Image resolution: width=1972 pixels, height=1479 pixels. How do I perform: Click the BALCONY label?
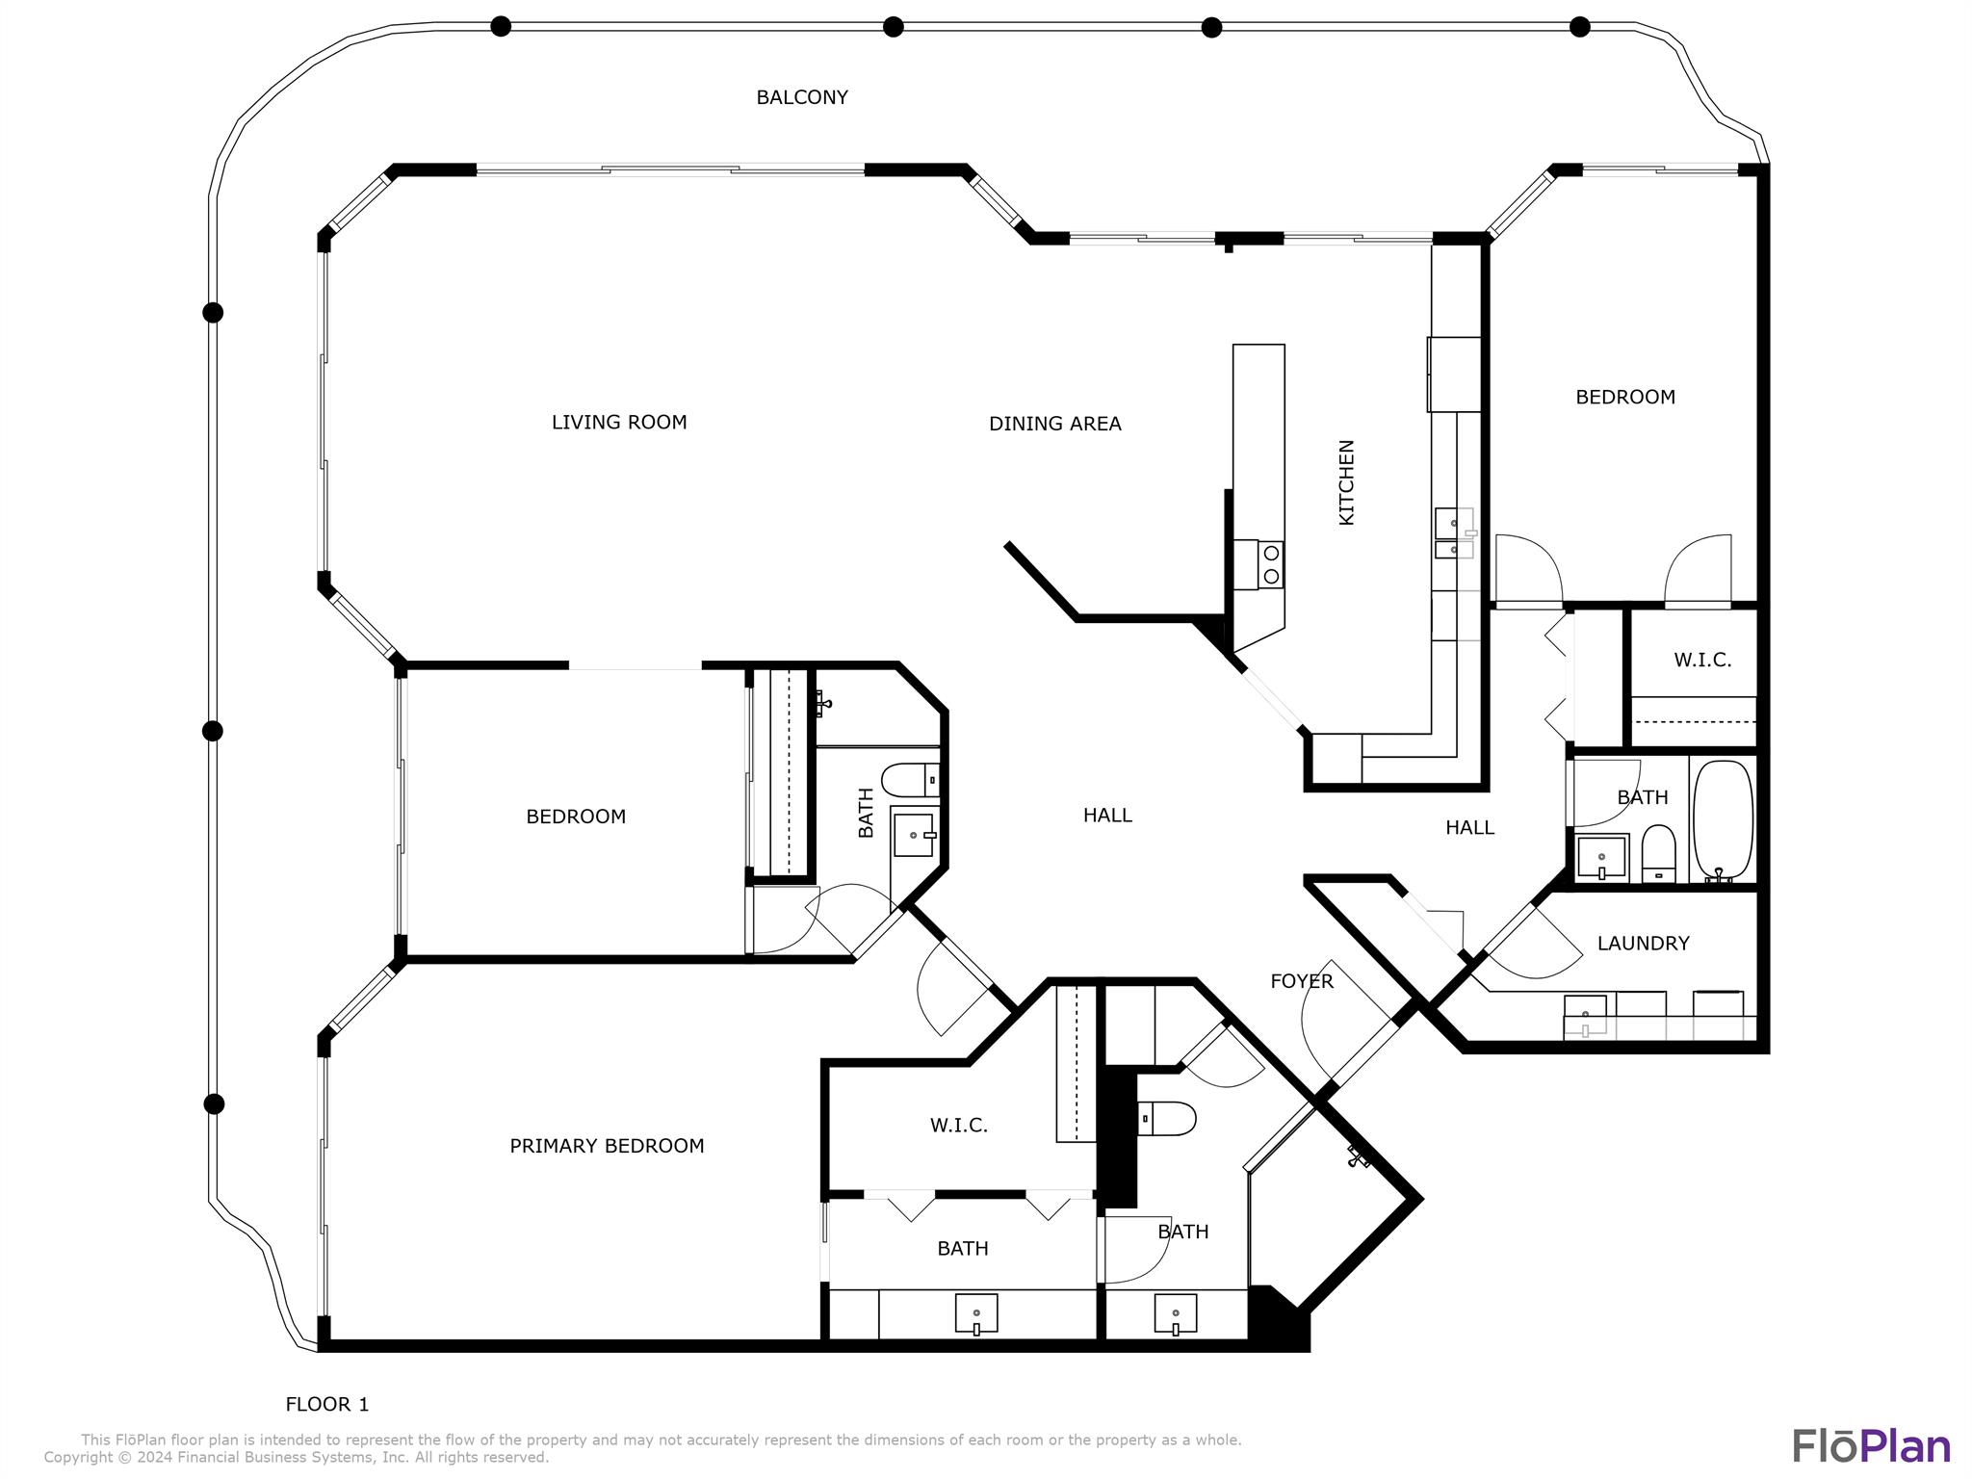click(x=801, y=97)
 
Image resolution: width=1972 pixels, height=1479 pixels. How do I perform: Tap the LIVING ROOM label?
click(x=619, y=422)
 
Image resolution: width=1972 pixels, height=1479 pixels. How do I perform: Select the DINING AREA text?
click(x=1054, y=424)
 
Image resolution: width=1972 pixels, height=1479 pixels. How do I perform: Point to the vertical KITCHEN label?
click(x=1346, y=482)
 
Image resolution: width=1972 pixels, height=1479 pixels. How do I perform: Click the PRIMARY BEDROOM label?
click(x=607, y=1146)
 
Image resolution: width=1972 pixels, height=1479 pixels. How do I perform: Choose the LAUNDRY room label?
click(x=1643, y=944)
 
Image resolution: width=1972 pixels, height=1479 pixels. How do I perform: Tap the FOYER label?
click(x=1302, y=981)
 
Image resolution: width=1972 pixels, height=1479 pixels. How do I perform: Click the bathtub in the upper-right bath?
click(x=1723, y=820)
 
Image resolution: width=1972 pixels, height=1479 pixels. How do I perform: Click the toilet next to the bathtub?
click(x=1658, y=853)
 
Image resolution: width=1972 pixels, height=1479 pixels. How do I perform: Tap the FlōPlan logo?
click(x=1871, y=1446)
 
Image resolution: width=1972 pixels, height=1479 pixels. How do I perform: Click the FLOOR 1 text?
click(x=327, y=1405)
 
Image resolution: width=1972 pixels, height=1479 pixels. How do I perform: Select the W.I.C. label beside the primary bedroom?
click(x=959, y=1126)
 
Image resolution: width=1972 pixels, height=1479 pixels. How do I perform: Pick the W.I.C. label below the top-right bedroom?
click(x=1702, y=661)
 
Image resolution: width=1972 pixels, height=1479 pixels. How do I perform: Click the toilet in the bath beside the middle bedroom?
click(x=911, y=779)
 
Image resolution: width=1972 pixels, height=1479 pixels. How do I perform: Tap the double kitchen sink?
click(x=1454, y=534)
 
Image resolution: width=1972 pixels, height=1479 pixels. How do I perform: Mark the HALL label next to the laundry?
click(x=1469, y=828)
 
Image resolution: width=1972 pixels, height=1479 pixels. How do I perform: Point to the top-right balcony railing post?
click(x=1580, y=27)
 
